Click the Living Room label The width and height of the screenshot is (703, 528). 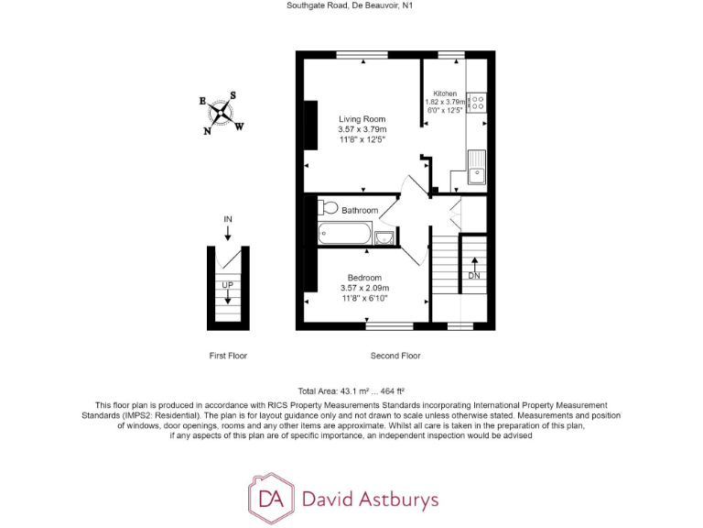(362, 119)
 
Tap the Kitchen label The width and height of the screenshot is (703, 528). (445, 93)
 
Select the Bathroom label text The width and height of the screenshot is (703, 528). (360, 211)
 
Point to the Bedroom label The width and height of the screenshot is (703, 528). (364, 278)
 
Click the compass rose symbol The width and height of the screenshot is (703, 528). (221, 114)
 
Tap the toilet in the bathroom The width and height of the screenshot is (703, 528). (328, 208)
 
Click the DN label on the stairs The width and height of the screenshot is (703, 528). (474, 275)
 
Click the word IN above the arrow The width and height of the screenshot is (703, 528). (228, 220)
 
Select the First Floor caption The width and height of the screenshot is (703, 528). (228, 356)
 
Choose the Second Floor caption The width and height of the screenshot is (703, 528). (395, 356)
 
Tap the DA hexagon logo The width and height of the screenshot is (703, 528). (272, 498)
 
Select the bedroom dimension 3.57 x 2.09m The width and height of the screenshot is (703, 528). (364, 288)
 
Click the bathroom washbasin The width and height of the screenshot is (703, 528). (385, 238)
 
